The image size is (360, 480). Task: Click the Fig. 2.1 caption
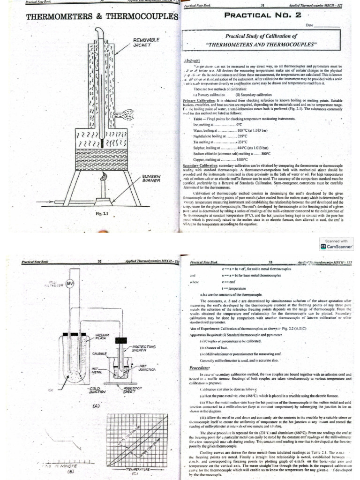[x=102, y=214]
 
